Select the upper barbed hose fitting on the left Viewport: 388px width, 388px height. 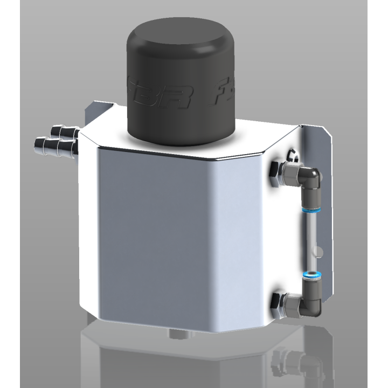coord(61,131)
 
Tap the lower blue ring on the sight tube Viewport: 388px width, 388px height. coord(311,275)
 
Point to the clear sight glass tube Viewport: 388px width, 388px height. coord(311,242)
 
